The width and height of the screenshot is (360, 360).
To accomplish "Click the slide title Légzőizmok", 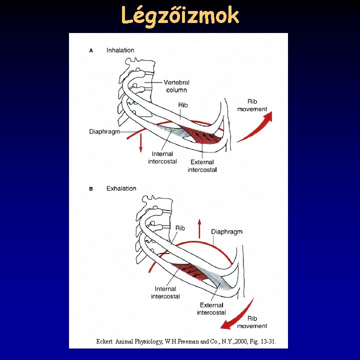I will point(180,16).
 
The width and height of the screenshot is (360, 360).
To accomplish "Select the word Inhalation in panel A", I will point(120,50).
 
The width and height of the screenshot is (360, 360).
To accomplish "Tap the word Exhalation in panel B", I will point(121,188).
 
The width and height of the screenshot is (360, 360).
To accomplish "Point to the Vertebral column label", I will point(177,86).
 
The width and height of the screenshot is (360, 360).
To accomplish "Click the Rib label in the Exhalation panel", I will point(180,228).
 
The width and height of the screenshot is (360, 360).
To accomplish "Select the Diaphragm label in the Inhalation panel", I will point(105,132).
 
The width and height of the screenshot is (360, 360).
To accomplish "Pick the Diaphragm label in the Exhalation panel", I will point(226,231).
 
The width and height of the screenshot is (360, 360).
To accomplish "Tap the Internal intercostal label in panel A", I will point(162,157).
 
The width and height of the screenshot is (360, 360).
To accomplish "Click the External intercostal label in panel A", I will point(202,165).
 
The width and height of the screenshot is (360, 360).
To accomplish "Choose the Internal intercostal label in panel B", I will point(165,292).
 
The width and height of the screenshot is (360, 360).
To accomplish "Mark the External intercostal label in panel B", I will point(211,308).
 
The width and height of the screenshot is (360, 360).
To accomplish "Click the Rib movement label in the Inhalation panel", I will point(252,105).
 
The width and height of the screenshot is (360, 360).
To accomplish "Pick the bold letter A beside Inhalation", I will point(91,50).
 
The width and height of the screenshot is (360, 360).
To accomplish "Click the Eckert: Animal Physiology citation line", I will point(185,341).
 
